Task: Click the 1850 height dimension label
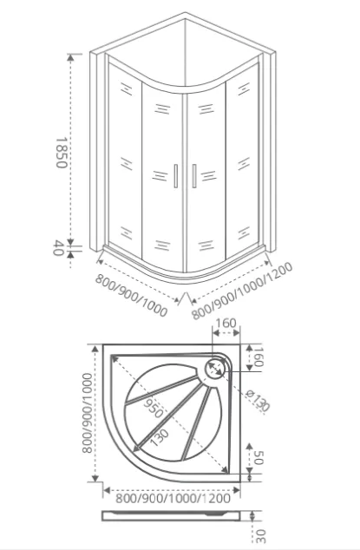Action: pos(61,153)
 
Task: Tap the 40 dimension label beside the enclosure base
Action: pos(58,247)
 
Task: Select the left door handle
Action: pos(175,176)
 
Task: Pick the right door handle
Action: pos(193,176)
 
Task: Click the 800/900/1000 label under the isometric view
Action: pos(131,295)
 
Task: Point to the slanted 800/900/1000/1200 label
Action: pos(242,291)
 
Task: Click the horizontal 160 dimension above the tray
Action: pos(226,323)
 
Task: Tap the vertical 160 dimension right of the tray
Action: pos(259,357)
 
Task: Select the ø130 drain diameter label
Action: pos(258,400)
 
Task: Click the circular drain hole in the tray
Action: pos(215,368)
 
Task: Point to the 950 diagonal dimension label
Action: pos(154,409)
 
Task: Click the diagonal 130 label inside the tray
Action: pos(160,437)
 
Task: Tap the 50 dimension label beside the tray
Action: pos(259,458)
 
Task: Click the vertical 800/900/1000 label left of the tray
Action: pos(87,413)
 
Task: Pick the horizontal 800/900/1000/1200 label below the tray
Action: pos(173,498)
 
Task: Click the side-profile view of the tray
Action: pos(172,515)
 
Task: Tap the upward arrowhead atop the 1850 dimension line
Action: pos(70,57)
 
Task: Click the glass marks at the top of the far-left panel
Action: pos(126,88)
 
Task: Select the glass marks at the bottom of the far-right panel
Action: pos(244,233)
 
